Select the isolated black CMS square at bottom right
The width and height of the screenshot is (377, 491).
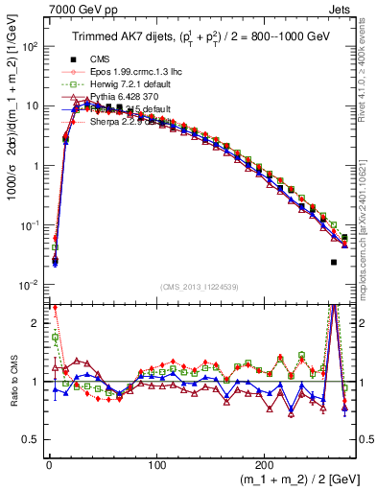pyautogui.click(x=334, y=262)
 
